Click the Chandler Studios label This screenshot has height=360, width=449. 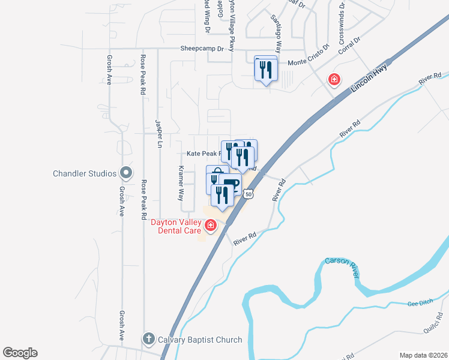click(84, 173)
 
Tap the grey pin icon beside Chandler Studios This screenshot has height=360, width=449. click(125, 173)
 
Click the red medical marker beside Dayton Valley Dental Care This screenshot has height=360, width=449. click(210, 226)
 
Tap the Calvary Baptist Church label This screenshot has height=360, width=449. click(200, 340)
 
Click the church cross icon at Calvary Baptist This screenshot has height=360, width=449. click(148, 339)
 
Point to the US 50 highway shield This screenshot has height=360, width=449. click(249, 194)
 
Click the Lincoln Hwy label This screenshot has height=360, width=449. click(368, 78)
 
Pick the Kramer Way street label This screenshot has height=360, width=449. click(181, 183)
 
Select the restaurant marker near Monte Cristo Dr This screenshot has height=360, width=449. click(266, 69)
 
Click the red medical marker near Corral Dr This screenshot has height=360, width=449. click(334, 79)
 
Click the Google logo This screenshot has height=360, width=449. click(20, 353)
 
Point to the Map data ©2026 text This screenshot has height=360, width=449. click(423, 355)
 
